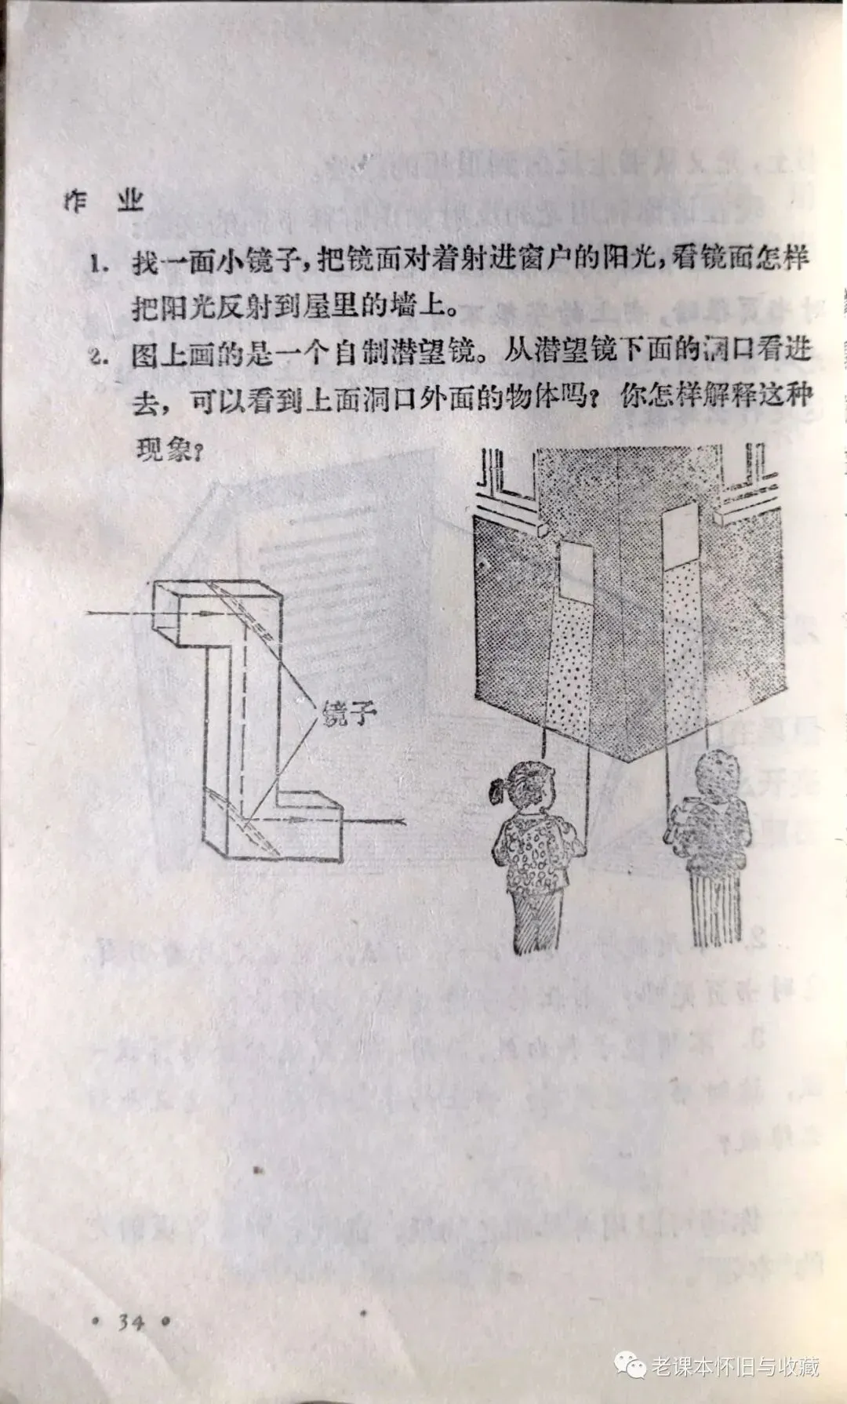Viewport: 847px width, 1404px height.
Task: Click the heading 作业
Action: point(104,202)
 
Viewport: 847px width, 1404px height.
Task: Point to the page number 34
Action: point(131,1322)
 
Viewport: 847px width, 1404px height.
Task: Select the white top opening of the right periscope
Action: point(679,533)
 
